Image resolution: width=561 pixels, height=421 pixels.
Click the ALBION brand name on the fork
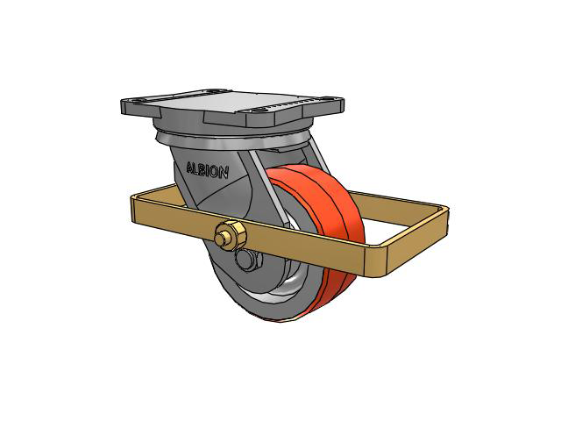207,170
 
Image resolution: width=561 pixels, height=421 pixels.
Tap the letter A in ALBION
190,168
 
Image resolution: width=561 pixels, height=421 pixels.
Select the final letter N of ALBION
224,174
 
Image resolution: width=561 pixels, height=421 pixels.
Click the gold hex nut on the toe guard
231,235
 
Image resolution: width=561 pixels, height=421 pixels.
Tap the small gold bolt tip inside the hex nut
220,238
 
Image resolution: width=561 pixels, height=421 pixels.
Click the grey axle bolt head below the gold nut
249,260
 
